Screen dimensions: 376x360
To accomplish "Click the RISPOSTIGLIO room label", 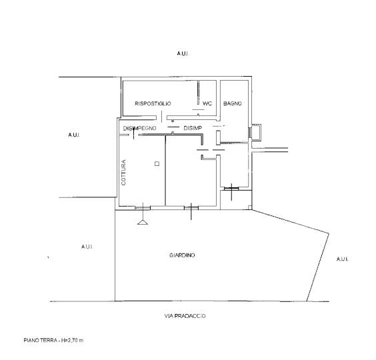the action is click(x=153, y=103).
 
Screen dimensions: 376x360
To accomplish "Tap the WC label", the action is click(x=207, y=103).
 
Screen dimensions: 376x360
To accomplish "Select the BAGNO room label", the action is click(x=233, y=103).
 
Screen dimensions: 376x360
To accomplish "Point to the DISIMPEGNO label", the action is click(x=139, y=128).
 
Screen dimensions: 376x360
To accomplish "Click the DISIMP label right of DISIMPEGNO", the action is click(x=193, y=128).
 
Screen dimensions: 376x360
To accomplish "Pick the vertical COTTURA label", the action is click(x=123, y=173).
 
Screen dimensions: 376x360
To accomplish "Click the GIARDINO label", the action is click(x=182, y=255).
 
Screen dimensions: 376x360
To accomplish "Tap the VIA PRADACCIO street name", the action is click(x=185, y=316).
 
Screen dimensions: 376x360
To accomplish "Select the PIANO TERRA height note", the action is click(x=53, y=340).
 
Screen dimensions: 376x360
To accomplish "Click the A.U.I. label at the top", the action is click(x=183, y=53).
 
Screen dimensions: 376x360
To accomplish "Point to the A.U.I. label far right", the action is click(x=342, y=259).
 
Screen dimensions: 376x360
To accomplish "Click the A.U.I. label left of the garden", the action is click(x=87, y=247).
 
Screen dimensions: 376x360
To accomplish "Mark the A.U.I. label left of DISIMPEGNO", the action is click(x=74, y=135).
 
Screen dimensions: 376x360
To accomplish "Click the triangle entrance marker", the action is click(x=143, y=222).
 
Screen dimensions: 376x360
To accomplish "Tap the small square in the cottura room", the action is click(x=157, y=164).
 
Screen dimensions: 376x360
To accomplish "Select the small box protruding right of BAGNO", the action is click(x=256, y=132).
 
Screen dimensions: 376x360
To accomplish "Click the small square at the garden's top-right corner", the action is click(x=250, y=207).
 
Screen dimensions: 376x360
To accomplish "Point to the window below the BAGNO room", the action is click(x=231, y=189).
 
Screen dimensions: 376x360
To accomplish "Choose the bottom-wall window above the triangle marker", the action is click(x=143, y=208).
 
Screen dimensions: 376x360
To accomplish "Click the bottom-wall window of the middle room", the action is click(x=191, y=208).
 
